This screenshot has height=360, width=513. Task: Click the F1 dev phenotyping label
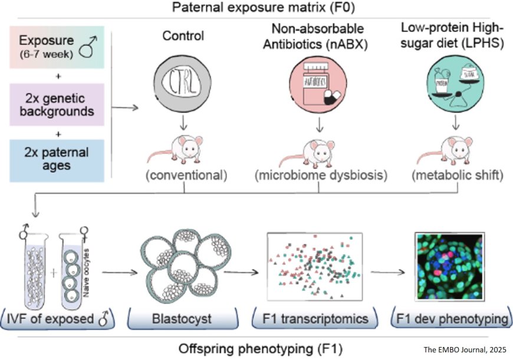(x=452, y=319)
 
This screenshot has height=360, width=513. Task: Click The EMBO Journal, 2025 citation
(x=465, y=349)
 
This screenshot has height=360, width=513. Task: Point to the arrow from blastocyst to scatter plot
(x=242, y=272)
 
